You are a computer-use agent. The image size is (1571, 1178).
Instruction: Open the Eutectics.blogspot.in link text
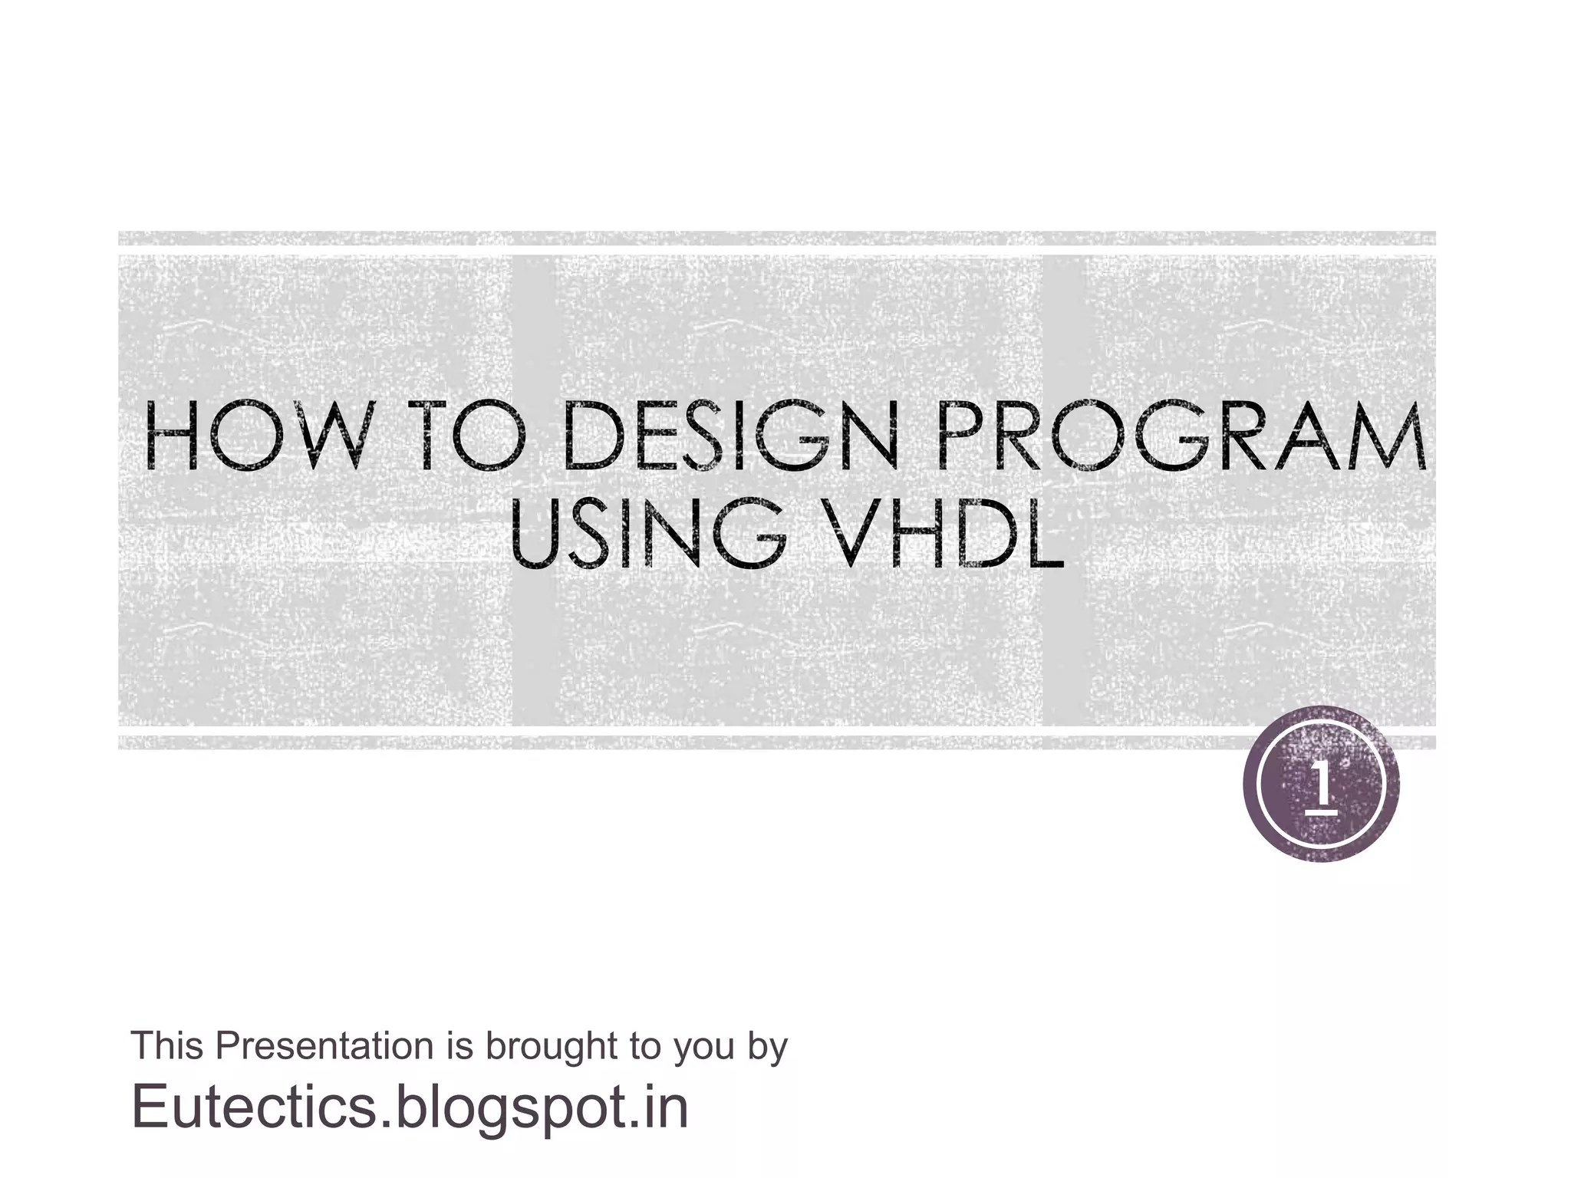point(410,1107)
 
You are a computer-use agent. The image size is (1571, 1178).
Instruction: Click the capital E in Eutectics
point(150,1107)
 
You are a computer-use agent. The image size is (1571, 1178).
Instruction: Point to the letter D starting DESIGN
point(590,443)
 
